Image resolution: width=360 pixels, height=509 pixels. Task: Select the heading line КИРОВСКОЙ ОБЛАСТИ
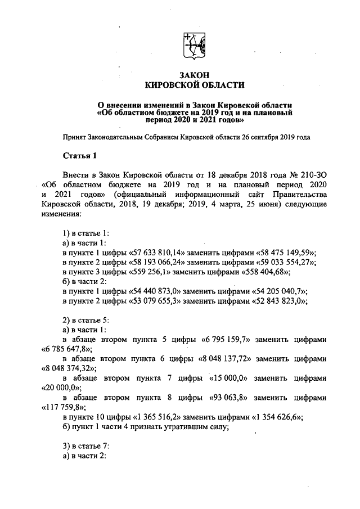point(195,85)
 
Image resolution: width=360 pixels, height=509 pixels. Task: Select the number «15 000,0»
point(233,378)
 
